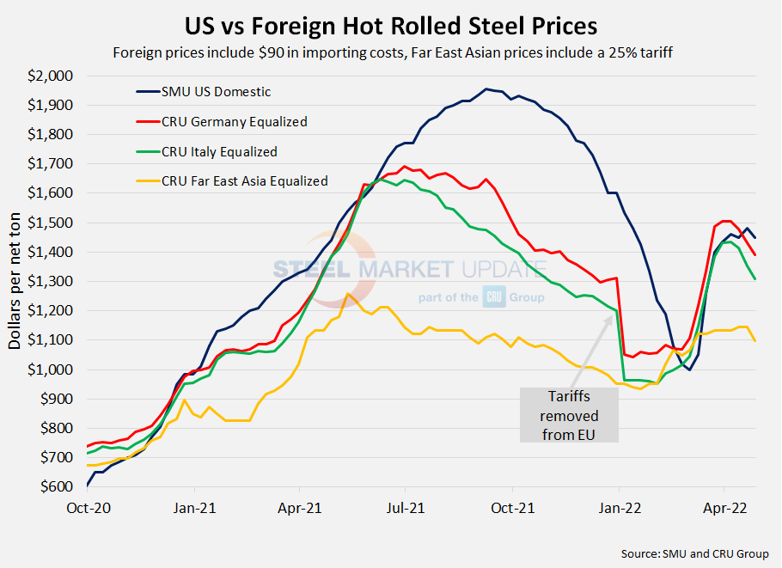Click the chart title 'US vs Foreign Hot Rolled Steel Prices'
tap(391, 23)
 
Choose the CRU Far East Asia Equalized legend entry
tap(244, 181)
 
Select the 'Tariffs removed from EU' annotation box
tap(569, 415)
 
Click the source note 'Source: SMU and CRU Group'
tap(694, 553)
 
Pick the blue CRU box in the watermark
tap(497, 296)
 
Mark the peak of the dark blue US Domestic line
tap(486, 89)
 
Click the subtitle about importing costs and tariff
tap(391, 52)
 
